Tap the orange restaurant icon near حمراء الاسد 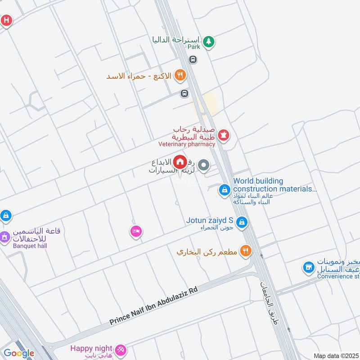pyautogui.click(x=180, y=75)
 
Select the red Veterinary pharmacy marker pyautogui.click(x=224, y=134)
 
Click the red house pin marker pyautogui.click(x=180, y=161)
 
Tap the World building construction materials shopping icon pyautogui.click(x=224, y=190)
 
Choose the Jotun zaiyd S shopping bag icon pyautogui.click(x=242, y=222)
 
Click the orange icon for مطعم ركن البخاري pyautogui.click(x=245, y=251)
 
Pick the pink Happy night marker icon pyautogui.click(x=121, y=349)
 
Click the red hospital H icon pyautogui.click(x=6, y=20)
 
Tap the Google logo pyautogui.click(x=19, y=353)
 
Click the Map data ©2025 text pyautogui.click(x=335, y=355)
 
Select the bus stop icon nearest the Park pyautogui.click(x=193, y=59)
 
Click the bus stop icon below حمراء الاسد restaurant pyautogui.click(x=184, y=93)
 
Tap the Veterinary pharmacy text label pyautogui.click(x=186, y=144)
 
